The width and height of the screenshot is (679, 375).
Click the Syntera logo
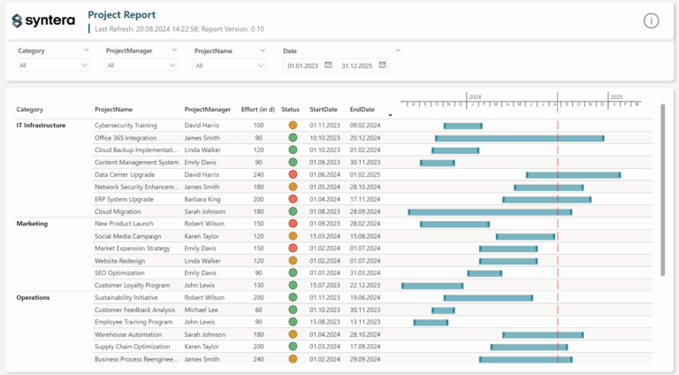pos(43,20)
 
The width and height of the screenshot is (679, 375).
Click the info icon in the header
pos(651,20)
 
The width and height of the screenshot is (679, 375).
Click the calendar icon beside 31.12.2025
pos(381,65)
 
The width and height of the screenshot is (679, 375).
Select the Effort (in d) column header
pos(258,110)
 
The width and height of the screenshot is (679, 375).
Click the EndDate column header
pos(362,110)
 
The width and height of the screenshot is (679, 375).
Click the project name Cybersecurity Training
pos(126,126)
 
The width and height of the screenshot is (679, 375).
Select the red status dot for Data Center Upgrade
pos(293,175)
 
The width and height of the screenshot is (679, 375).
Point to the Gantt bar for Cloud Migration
pos(490,212)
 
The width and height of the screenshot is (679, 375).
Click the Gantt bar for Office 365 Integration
pos(520,138)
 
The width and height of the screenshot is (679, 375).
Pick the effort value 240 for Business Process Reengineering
pos(258,359)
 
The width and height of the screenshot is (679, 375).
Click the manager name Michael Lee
pos(202,310)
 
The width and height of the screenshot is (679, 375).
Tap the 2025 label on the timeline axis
pos(616,96)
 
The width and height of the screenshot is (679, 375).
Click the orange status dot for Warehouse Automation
pos(293,335)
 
